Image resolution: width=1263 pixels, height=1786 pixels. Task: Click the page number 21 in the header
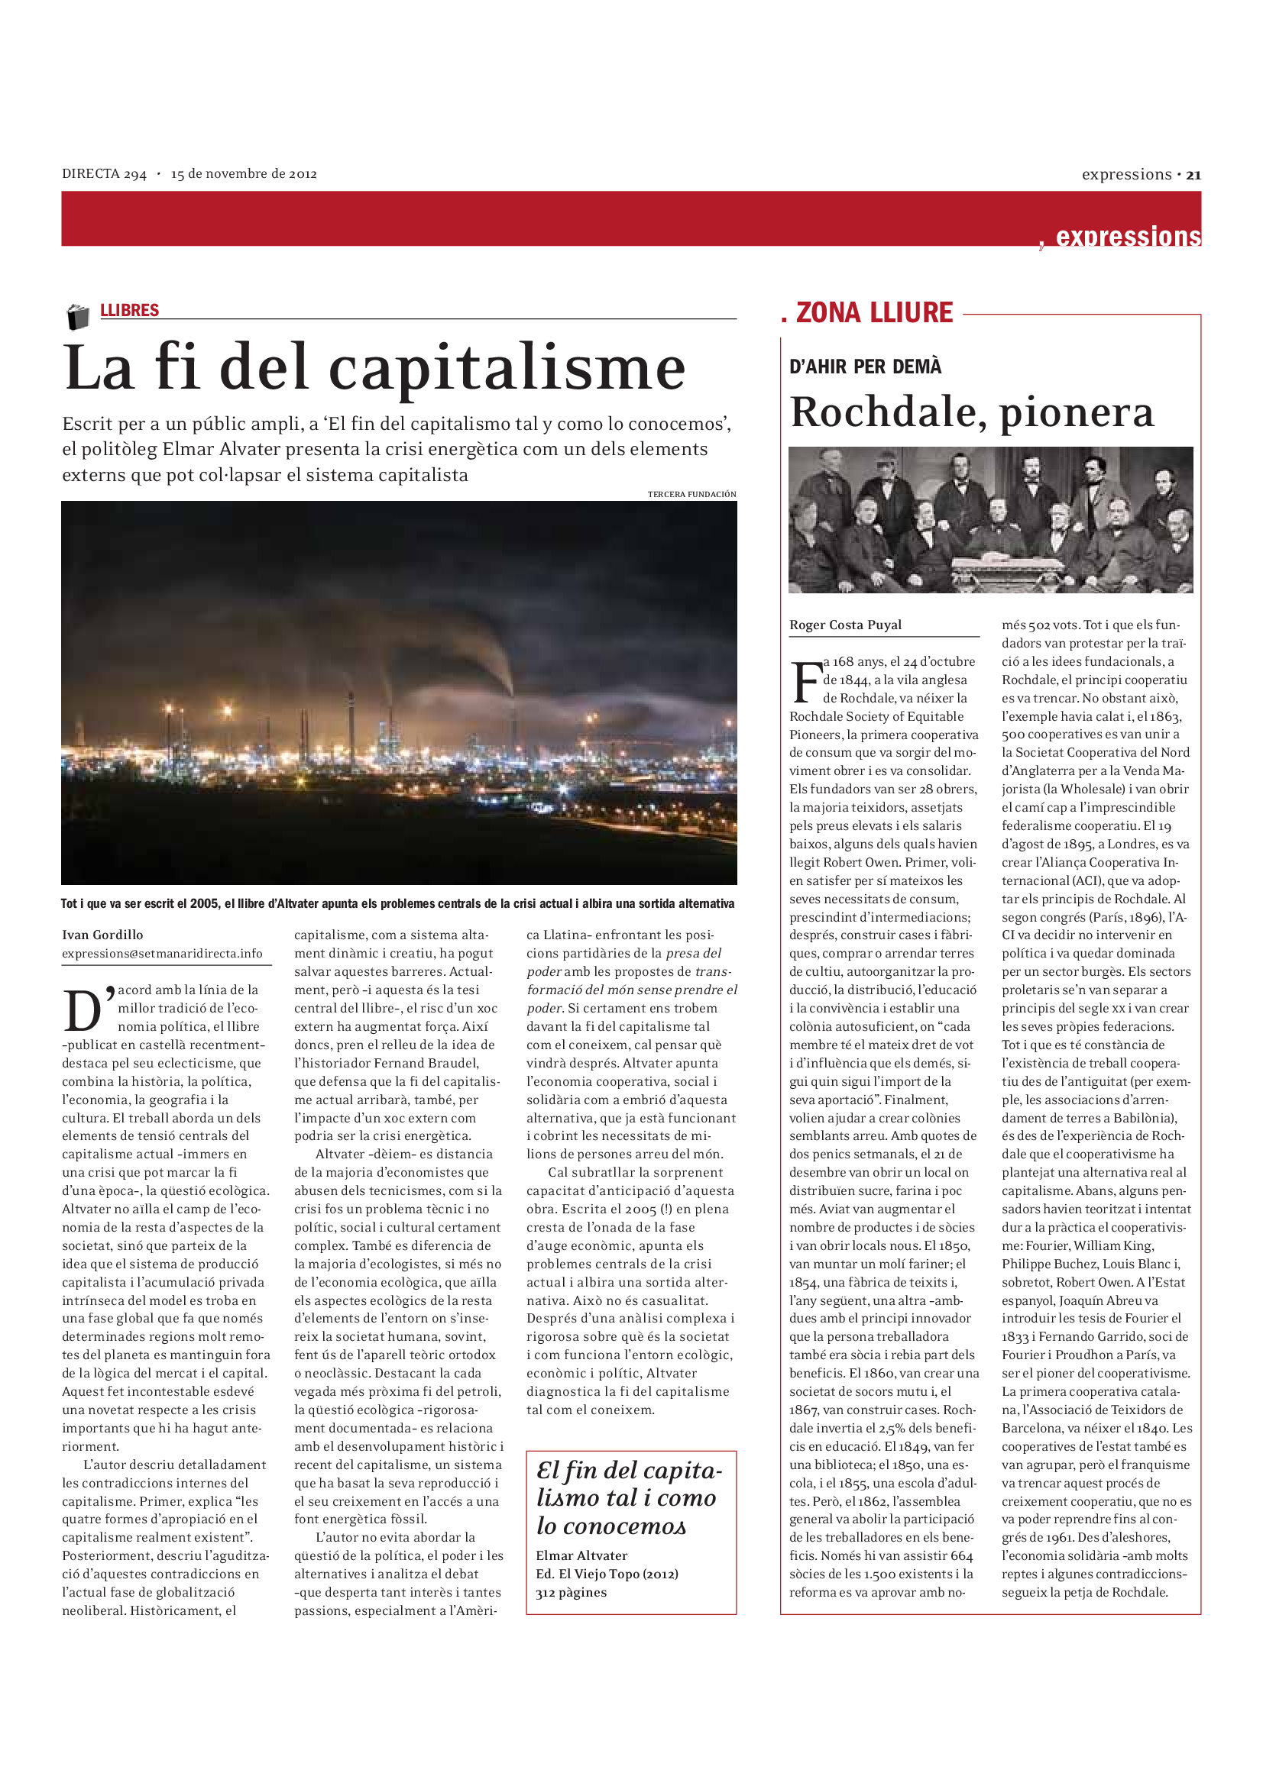pyautogui.click(x=1193, y=175)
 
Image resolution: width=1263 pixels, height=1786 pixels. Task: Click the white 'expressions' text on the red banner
pyautogui.click(x=1128, y=236)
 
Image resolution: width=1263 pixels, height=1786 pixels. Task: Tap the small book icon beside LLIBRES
pyautogui.click(x=78, y=317)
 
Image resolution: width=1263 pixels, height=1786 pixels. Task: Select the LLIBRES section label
pyautogui.click(x=129, y=310)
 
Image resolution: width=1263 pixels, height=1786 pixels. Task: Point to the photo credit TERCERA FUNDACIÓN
pyautogui.click(x=691, y=494)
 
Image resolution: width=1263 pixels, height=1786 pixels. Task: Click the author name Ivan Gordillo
pyautogui.click(x=102, y=934)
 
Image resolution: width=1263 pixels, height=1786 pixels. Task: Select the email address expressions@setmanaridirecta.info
pyautogui.click(x=162, y=953)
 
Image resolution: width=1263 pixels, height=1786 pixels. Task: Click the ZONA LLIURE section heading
pyautogui.click(x=874, y=313)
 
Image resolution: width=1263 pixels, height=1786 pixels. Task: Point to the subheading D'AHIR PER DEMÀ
pyautogui.click(x=865, y=367)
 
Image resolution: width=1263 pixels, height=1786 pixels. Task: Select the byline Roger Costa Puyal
pyautogui.click(x=845, y=625)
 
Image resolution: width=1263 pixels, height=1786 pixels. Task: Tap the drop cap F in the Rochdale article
pyautogui.click(x=805, y=682)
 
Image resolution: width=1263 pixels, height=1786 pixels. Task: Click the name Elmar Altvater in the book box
pyautogui.click(x=581, y=1555)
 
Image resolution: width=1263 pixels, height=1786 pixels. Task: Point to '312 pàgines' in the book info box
pyautogui.click(x=571, y=1592)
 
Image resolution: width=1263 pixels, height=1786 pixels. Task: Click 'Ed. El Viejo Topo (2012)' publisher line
pyautogui.click(x=607, y=1574)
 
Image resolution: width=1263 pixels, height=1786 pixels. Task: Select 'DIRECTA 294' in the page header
pyautogui.click(x=104, y=174)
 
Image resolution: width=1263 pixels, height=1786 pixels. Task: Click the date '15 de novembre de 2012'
pyautogui.click(x=244, y=174)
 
